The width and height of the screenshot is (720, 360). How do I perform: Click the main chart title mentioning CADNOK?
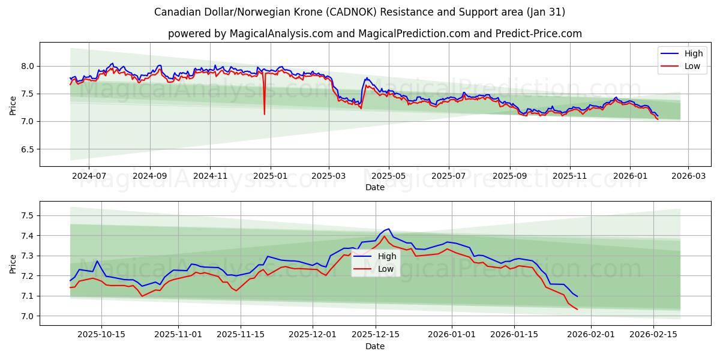359,12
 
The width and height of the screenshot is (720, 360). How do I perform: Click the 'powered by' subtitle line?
374,34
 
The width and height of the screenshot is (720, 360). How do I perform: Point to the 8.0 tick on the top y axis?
28,66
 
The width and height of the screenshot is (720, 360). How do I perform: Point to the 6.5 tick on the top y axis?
28,149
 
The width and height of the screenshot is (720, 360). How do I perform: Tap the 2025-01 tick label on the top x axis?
270,176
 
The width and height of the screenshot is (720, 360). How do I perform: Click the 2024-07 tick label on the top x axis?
88,176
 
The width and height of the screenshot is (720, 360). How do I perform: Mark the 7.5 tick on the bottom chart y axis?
28,215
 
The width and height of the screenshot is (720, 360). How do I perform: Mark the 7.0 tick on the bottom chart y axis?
28,316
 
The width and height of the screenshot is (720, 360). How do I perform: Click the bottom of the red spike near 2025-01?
264,113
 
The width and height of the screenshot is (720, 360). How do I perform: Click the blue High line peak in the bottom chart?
389,229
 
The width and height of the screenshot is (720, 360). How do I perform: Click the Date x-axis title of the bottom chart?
374,346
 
